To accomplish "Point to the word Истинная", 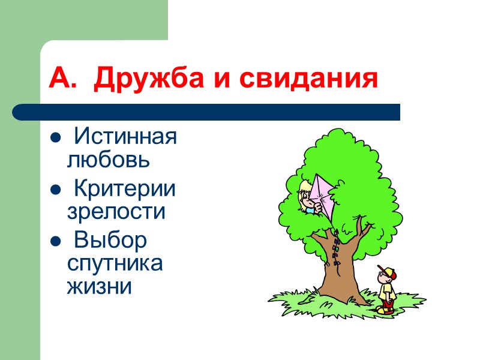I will [x=125, y=137].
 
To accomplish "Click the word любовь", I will [x=107, y=160].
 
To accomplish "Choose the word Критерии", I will [x=125, y=189].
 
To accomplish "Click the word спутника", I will [x=115, y=263].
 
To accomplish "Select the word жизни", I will [x=99, y=286].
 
